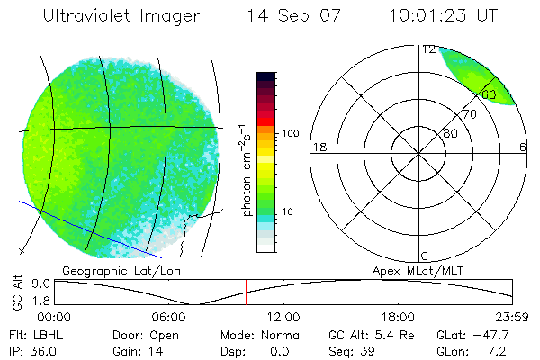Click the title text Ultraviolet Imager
[127, 16]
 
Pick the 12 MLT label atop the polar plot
[428, 49]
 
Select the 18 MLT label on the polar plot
[318, 147]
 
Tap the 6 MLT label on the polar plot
[523, 147]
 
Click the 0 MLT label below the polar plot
[426, 256]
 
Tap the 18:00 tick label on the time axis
[399, 317]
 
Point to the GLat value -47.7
[508, 334]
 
